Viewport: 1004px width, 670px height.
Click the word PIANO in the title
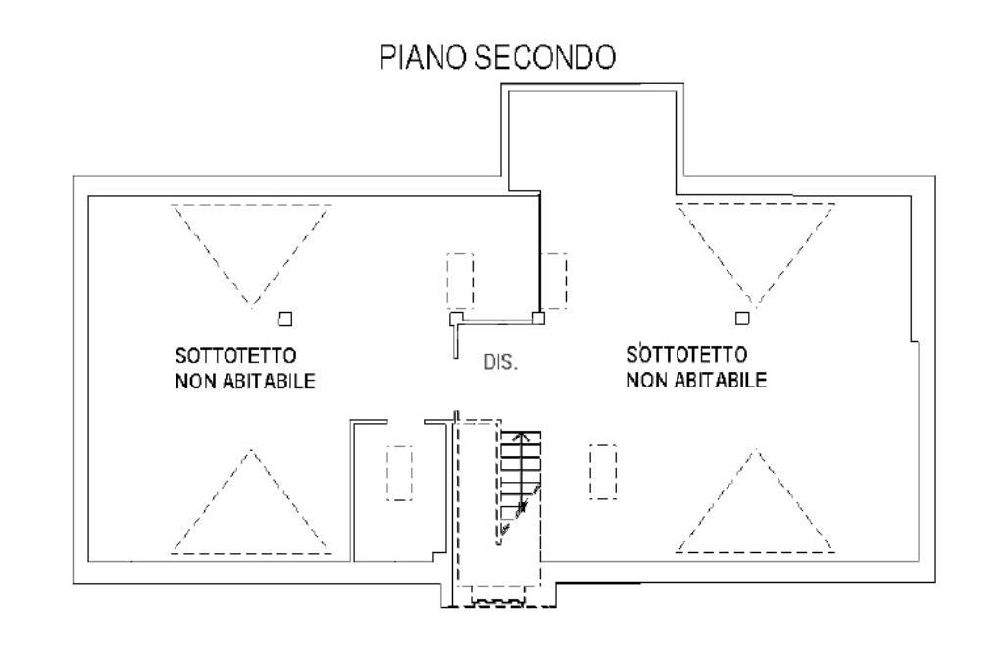[424, 56]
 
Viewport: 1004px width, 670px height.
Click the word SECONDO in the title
[545, 56]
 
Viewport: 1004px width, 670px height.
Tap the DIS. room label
[500, 363]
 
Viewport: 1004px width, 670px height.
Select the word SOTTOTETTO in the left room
[235, 355]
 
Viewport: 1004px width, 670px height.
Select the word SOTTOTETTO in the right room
[687, 354]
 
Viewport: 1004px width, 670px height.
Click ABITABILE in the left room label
[269, 382]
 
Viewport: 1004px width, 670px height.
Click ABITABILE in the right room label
[721, 380]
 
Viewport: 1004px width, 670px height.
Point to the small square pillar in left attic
[285, 319]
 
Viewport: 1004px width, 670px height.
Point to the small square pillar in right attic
[742, 318]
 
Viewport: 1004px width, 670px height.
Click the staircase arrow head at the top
[523, 436]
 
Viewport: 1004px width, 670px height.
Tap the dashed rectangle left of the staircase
[400, 473]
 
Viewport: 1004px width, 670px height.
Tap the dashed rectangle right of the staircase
[603, 472]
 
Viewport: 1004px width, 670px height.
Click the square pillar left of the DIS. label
[456, 319]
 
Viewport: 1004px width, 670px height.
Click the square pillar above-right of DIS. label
[538, 318]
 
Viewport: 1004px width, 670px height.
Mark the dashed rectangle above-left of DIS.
[460, 281]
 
